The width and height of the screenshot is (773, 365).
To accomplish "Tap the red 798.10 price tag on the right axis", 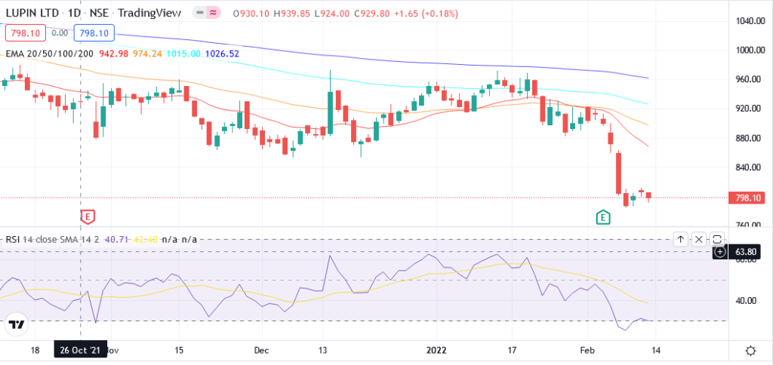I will [x=746, y=198].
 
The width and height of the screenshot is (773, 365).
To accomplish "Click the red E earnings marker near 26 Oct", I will [x=88, y=217].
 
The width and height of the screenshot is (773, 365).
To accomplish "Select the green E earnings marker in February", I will [x=602, y=217].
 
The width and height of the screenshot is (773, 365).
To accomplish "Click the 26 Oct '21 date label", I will [x=79, y=351].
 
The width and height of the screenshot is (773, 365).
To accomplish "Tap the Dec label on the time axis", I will [x=261, y=351].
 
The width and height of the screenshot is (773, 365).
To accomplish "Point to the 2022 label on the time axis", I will [x=437, y=351].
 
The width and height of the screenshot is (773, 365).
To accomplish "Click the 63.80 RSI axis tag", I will [x=747, y=251].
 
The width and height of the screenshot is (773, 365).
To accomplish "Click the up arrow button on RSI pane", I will [x=680, y=239].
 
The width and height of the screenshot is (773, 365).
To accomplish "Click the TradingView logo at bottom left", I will [x=16, y=325].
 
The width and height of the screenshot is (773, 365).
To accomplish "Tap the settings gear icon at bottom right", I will [x=750, y=351].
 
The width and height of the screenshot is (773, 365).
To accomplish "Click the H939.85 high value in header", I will [x=285, y=14].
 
